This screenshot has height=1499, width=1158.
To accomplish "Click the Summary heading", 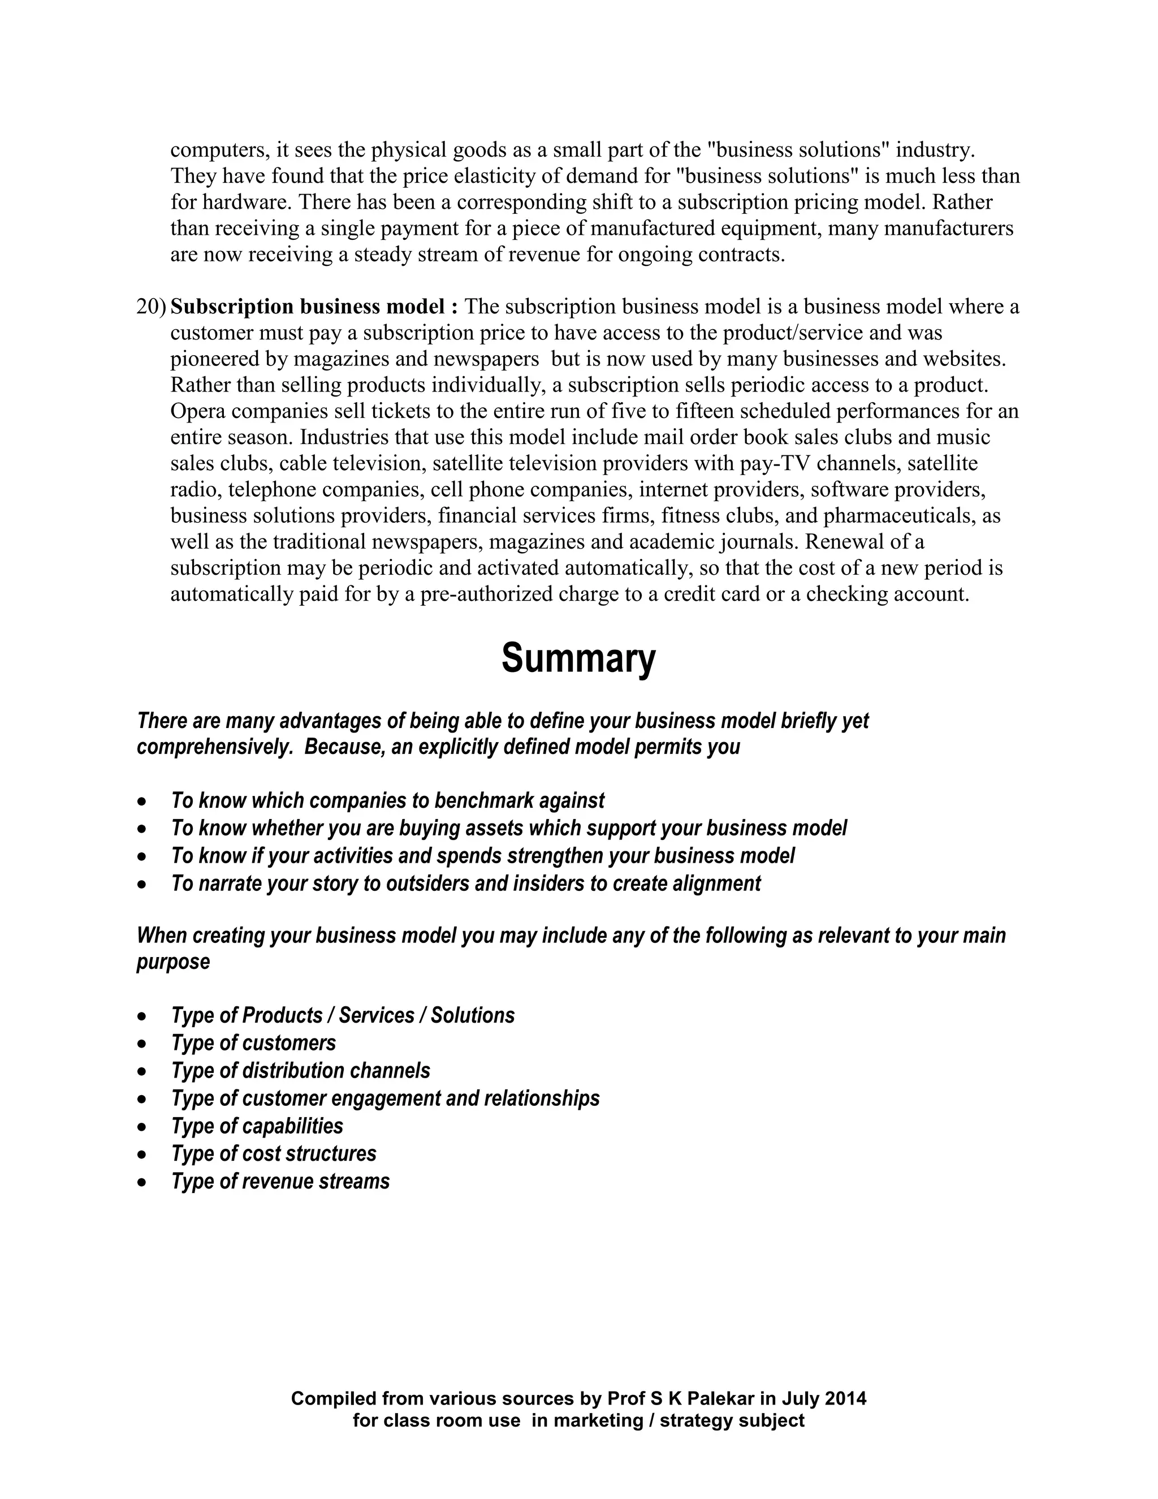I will [578, 659].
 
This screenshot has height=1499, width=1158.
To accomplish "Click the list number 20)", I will [151, 307].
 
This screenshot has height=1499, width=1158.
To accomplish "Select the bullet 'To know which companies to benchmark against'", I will [387, 800].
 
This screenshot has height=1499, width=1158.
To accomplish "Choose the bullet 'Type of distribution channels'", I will [300, 1071].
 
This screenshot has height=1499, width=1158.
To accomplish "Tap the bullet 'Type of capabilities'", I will [257, 1126].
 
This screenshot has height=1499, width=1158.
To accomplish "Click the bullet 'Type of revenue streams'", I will [280, 1181].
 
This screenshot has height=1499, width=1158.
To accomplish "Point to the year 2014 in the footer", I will [845, 1398].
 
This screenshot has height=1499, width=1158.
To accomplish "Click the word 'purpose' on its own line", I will [173, 962].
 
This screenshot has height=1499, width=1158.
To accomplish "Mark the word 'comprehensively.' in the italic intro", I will [215, 747].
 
